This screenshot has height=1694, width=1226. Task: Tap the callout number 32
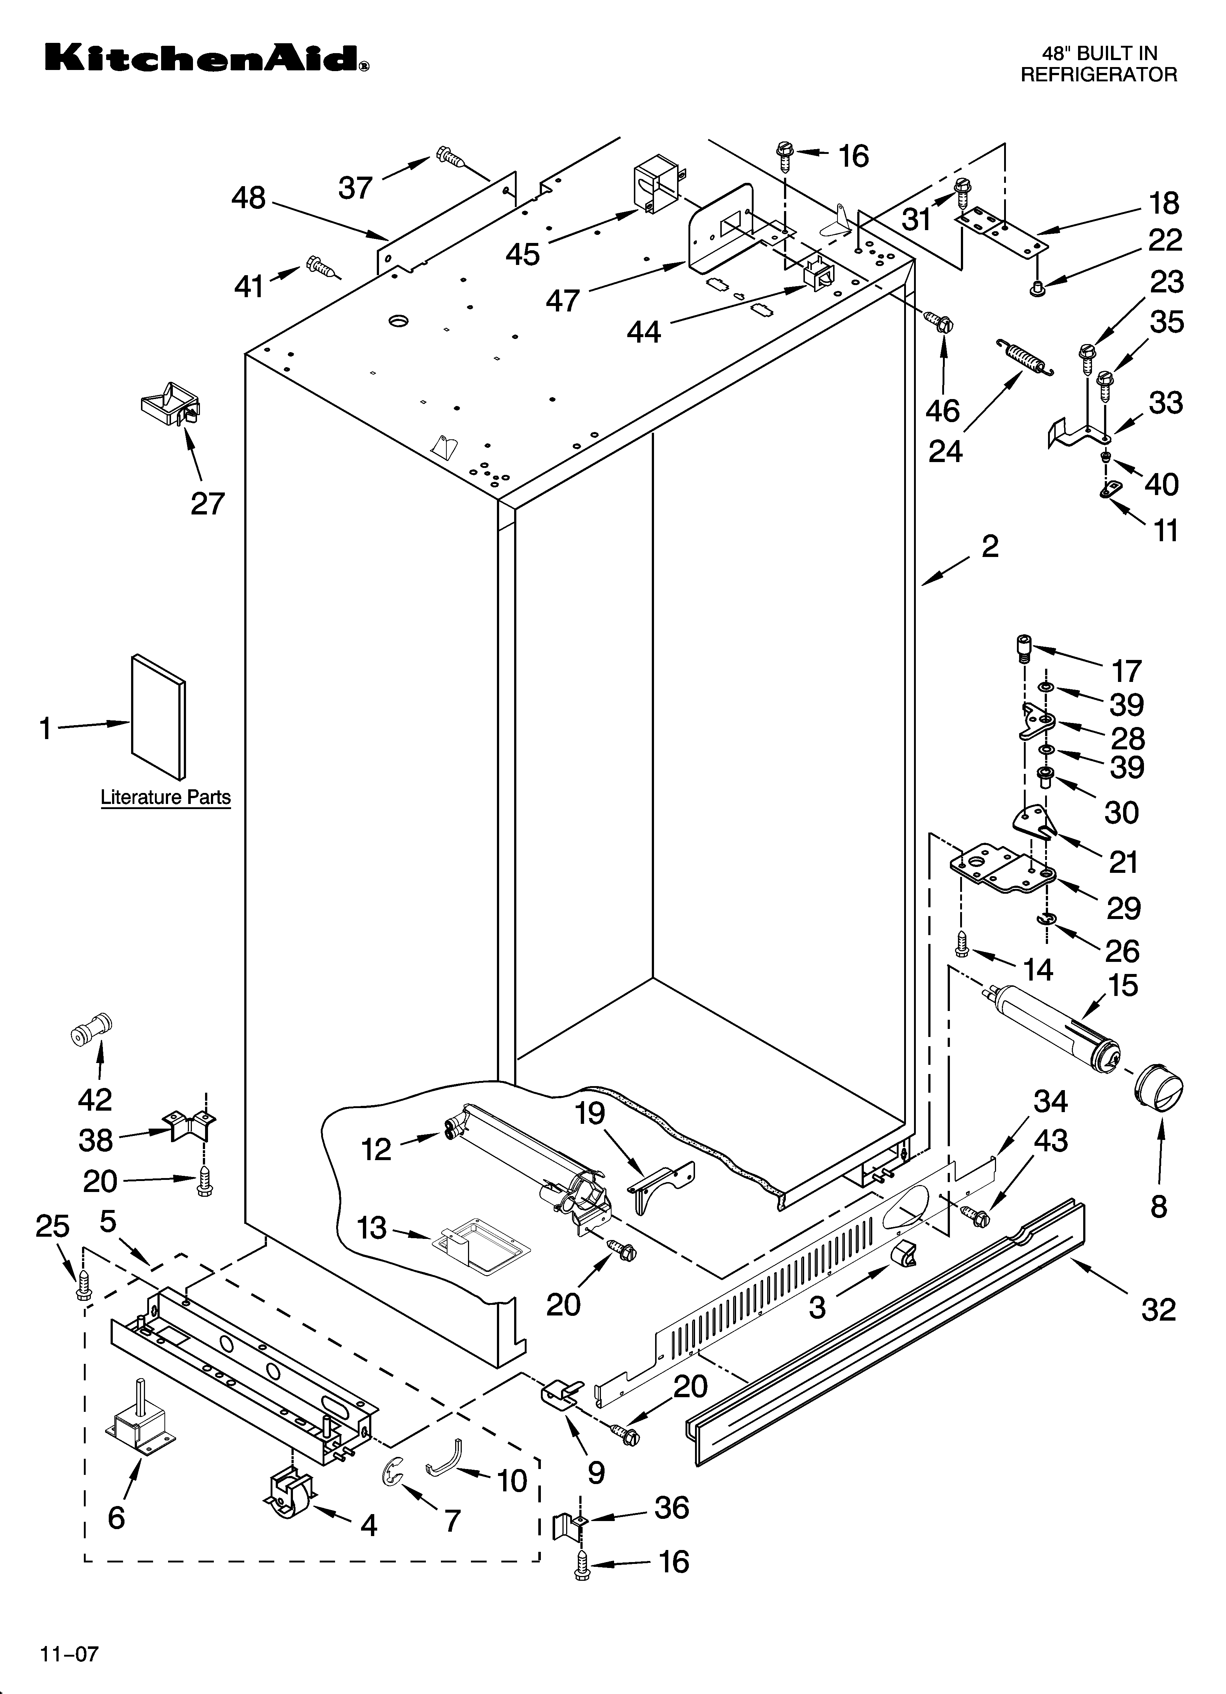tap(1158, 1310)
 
